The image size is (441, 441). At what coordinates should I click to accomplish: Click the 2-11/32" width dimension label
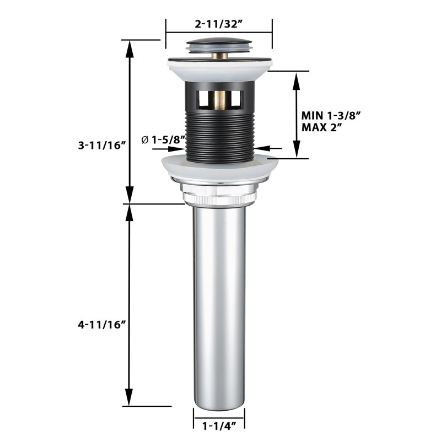coord(219,24)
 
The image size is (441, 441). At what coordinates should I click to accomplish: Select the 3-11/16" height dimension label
coord(102,146)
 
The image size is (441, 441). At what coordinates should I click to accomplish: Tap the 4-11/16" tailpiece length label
coord(102,325)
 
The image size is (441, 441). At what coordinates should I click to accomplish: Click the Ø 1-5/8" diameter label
coord(164,139)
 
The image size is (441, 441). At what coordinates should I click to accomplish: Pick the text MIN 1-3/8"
coord(331,116)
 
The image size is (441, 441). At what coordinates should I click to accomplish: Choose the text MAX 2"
coord(322,128)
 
